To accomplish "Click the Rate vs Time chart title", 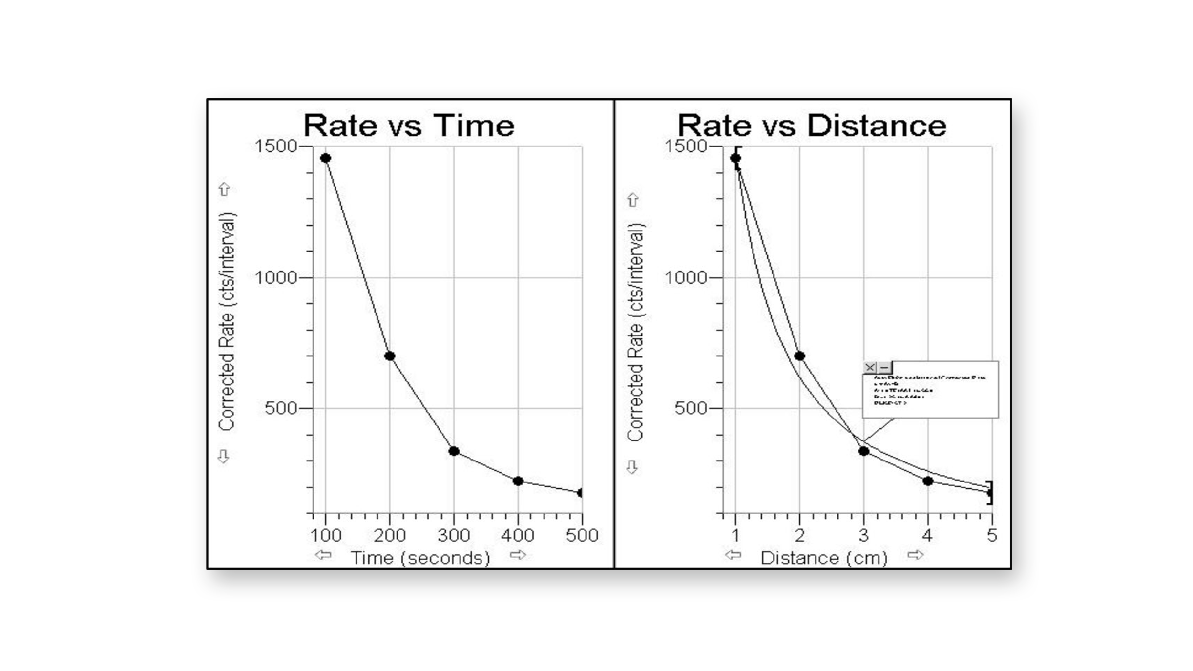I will (409, 126).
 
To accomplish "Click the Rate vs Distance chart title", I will (812, 126).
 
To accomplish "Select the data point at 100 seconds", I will (325, 158).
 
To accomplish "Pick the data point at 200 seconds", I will (390, 356).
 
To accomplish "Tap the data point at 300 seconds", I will (454, 451).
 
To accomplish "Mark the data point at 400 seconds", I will (518, 481).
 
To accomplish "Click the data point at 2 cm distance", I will (799, 356).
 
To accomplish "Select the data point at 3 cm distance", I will (864, 451).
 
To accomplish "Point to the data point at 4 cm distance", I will (928, 481).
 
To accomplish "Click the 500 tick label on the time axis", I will (582, 536).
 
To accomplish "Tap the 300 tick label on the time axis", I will (454, 536).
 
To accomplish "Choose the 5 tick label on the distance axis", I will (992, 536).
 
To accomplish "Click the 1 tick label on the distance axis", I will (735, 536).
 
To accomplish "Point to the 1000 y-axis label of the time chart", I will (276, 277).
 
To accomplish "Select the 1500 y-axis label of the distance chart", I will (686, 146).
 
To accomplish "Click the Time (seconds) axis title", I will (420, 558).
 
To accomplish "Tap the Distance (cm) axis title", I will (824, 558).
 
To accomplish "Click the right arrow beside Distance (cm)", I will (916, 555).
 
